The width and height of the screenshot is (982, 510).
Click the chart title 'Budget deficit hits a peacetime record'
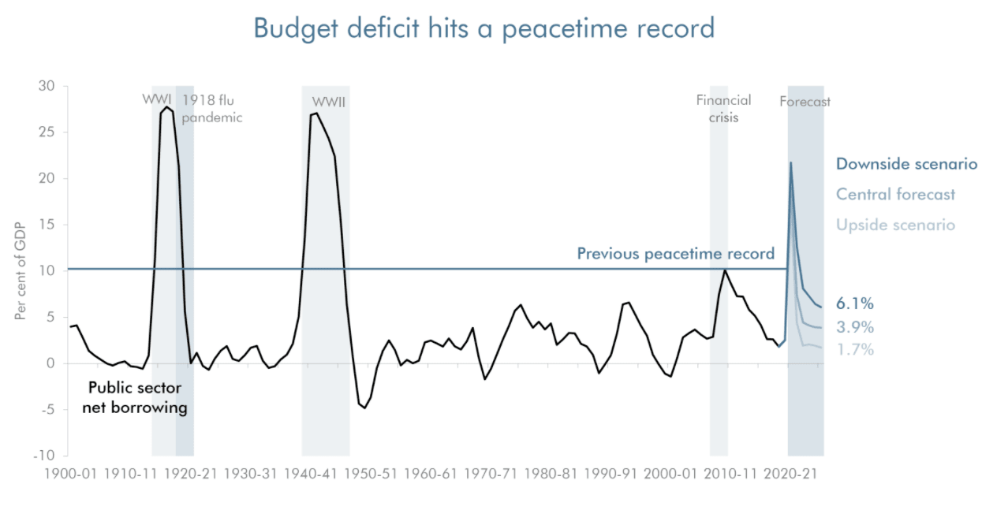[x=484, y=28]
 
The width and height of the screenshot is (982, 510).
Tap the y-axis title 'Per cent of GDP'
[x=21, y=270]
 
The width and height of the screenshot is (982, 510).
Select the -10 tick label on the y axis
[x=44, y=456]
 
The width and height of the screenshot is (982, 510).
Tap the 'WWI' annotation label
[x=157, y=100]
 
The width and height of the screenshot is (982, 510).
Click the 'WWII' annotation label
[x=329, y=102]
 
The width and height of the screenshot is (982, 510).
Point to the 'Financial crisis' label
[x=723, y=109]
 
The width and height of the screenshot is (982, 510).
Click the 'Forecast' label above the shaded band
[x=805, y=102]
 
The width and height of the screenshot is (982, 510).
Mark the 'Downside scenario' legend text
[x=906, y=164]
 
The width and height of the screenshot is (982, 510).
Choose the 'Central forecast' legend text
[x=895, y=194]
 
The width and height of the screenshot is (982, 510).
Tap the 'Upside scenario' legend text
[x=895, y=225]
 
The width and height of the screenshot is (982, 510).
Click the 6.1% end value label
[x=855, y=303]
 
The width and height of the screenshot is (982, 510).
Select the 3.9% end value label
[x=855, y=327]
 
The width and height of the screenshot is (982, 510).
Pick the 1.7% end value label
[x=855, y=349]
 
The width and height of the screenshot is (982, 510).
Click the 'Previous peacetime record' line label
[x=675, y=254]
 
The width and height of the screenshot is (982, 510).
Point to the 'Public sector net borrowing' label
[x=134, y=398]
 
